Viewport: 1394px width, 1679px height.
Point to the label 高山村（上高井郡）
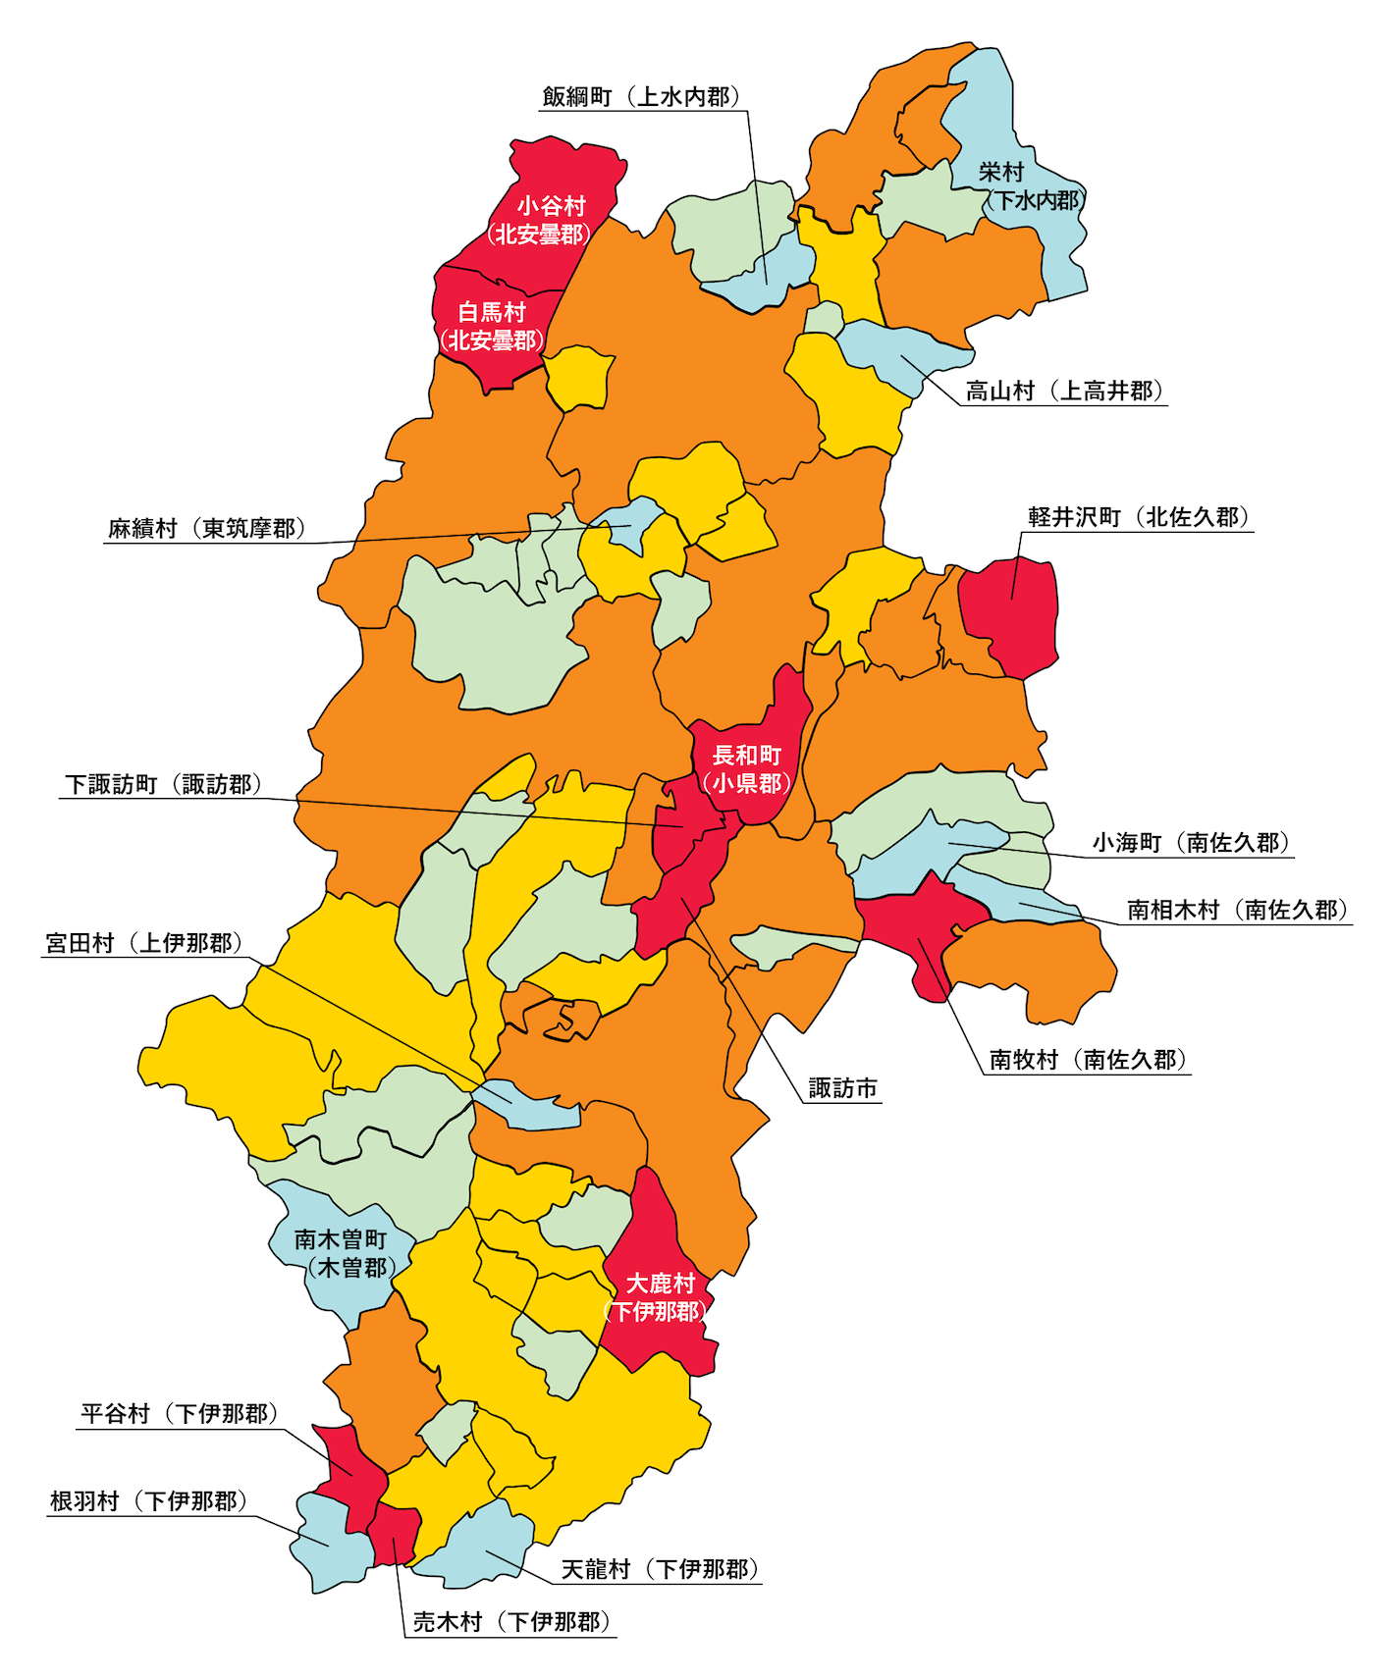pos(1064,392)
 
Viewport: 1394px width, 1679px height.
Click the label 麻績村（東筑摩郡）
pos(206,529)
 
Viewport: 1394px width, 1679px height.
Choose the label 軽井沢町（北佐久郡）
pos(1138,517)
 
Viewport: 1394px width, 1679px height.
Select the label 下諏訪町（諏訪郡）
pos(162,785)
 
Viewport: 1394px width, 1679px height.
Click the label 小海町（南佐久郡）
pos(1191,843)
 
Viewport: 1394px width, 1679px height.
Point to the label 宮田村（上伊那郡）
pos(142,944)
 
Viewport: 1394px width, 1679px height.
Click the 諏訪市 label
pos(842,1088)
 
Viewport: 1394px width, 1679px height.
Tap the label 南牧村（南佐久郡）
pos(1088,1060)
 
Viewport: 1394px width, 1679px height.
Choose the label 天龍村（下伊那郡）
pos(660,1569)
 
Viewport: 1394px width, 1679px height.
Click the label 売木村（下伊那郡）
pos(510,1622)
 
